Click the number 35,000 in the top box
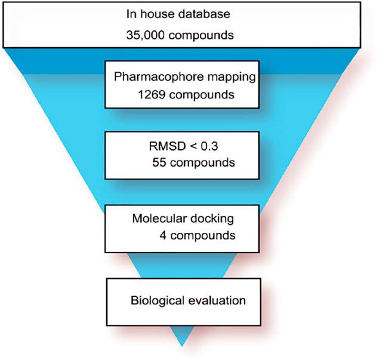coord(144,34)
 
